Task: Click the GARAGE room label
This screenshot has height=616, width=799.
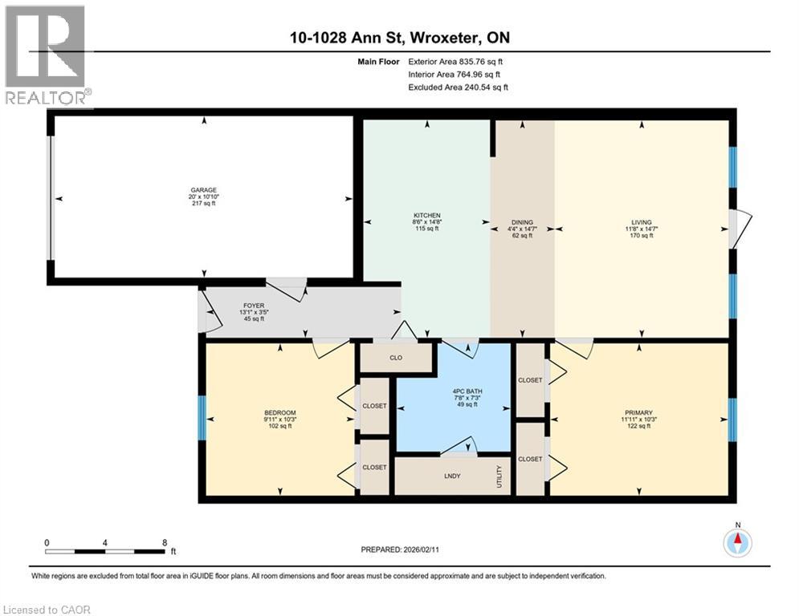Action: (203, 190)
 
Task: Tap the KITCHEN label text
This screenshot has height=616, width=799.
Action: (426, 216)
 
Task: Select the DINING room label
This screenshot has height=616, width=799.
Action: (522, 222)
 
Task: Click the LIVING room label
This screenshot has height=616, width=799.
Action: (641, 222)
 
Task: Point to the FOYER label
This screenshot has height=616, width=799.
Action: (254, 306)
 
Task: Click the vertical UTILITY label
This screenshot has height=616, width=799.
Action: (499, 477)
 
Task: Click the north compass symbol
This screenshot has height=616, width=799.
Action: (737, 542)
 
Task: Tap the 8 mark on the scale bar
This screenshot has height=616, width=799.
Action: (165, 542)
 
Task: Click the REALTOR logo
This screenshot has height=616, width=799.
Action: (47, 55)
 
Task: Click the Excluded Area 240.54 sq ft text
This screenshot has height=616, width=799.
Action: (458, 87)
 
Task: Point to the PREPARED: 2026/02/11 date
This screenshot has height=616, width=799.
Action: (406, 549)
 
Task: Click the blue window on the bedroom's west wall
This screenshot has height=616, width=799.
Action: (202, 418)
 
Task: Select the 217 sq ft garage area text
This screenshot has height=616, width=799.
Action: (203, 204)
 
